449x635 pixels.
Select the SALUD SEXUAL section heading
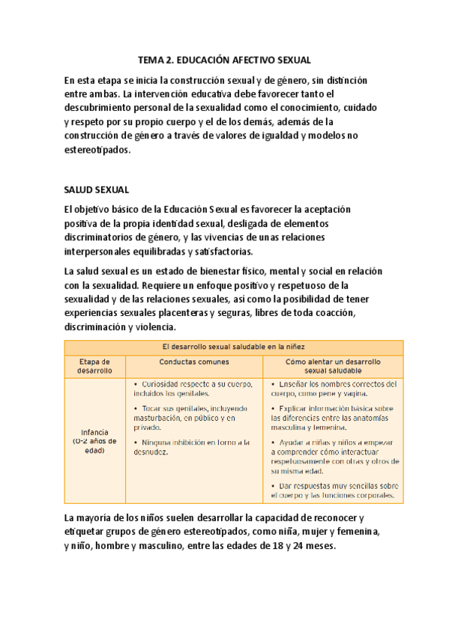click(x=97, y=190)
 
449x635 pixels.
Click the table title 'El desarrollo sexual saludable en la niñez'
click(x=233, y=346)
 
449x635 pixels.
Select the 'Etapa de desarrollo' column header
click(x=94, y=365)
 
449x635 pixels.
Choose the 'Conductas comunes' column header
click(x=193, y=361)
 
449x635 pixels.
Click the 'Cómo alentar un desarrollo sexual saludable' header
click(x=333, y=365)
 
